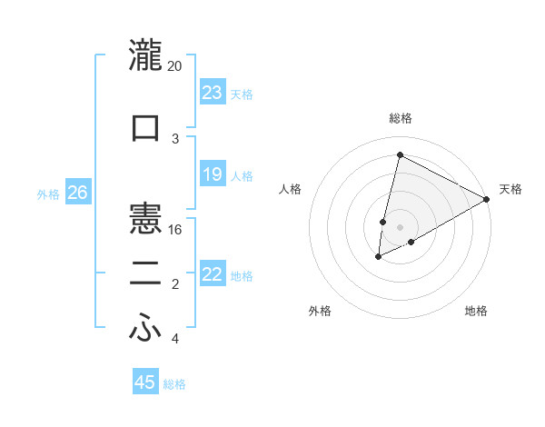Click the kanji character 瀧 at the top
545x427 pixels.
coord(146,56)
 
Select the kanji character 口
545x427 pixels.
coord(146,126)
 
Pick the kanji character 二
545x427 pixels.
coord(146,274)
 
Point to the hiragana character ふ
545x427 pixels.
coord(146,329)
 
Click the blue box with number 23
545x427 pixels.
coord(213,93)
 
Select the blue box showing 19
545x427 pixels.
coord(213,174)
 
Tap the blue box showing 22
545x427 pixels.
coord(213,274)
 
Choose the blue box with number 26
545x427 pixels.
coord(77,194)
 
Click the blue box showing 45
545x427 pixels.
coord(145,382)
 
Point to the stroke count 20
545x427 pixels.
coord(174,66)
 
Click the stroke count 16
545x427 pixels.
coord(176,229)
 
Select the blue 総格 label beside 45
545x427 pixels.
coord(174,384)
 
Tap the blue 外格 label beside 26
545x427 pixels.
coord(48,194)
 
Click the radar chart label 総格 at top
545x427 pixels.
coord(400,118)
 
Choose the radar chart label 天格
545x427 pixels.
coord(510,189)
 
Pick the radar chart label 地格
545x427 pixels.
coord(476,311)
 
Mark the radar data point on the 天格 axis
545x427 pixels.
coord(487,199)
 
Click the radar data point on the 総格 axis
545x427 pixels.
coord(400,155)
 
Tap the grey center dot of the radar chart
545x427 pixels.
coord(400,227)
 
